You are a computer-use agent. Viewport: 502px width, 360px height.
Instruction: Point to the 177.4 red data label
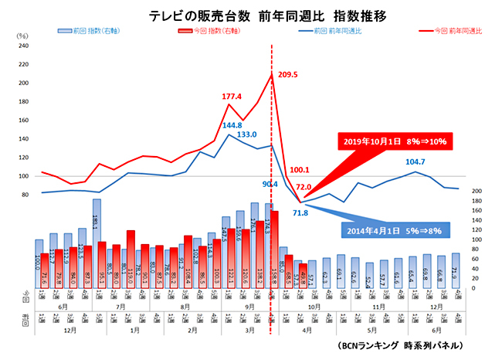point(232,97)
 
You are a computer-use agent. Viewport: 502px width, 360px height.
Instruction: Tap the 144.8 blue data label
point(232,125)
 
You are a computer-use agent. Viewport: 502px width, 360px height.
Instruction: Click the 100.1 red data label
point(298,169)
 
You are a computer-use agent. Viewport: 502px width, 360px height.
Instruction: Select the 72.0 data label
point(304,186)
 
